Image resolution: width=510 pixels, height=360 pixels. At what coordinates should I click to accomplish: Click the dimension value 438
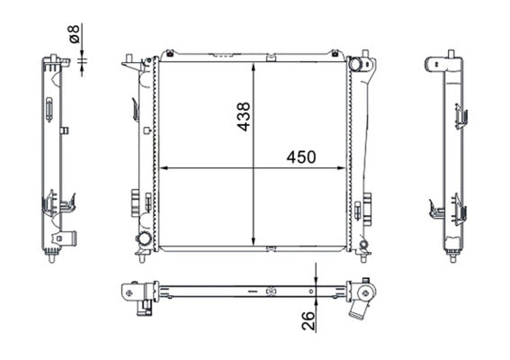[x=243, y=116]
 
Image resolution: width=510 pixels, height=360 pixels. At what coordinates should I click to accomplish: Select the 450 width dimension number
[x=300, y=157]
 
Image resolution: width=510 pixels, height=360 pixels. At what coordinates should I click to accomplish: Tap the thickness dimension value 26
[x=309, y=321]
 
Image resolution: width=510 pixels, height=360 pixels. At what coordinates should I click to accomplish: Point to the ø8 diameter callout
[x=75, y=33]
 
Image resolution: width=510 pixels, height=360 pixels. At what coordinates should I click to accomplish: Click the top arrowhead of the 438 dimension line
[x=254, y=67]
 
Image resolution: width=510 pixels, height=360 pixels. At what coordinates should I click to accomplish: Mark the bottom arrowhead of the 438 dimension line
[x=254, y=241]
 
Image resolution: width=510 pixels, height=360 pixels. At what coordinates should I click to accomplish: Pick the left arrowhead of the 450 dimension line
[x=164, y=168]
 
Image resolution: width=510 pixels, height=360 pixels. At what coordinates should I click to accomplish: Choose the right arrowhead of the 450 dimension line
[x=342, y=168]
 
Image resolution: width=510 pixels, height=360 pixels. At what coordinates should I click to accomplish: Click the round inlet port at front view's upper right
[x=355, y=64]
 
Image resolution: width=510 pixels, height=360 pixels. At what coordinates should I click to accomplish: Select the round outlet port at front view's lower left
[x=143, y=239]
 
